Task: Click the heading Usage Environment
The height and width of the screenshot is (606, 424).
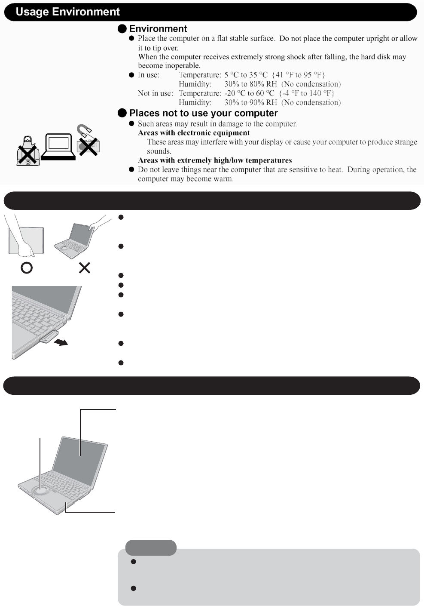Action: point(68,12)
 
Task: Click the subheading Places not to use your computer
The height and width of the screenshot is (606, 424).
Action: point(203,113)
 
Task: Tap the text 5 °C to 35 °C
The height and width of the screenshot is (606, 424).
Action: point(246,75)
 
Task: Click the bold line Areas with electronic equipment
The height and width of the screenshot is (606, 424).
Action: point(194,133)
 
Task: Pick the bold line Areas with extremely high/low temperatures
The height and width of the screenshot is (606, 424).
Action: point(215,160)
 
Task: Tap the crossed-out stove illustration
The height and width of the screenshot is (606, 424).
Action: point(28,151)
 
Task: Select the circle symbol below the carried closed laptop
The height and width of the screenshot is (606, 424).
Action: point(27,268)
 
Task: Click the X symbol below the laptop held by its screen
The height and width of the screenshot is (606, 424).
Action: point(85,268)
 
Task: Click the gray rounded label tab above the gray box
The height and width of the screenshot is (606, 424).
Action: point(151,548)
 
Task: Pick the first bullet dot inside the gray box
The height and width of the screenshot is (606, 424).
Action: point(133,562)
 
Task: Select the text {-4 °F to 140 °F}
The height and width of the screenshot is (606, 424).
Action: point(307,93)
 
